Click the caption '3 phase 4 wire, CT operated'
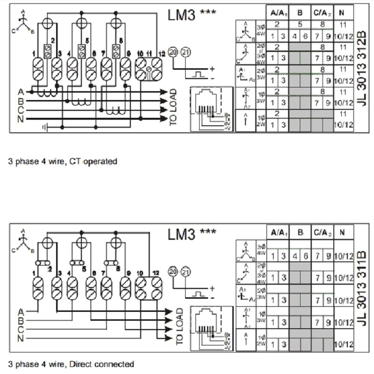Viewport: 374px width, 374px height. click(62, 162)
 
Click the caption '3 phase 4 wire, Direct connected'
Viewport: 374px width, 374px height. click(71, 364)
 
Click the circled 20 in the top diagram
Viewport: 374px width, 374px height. click(173, 51)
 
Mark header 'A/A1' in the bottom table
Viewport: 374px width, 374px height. click(277, 232)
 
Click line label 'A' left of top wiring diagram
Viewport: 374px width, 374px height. click(21, 92)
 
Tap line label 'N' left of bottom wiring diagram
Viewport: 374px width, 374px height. click(21, 338)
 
